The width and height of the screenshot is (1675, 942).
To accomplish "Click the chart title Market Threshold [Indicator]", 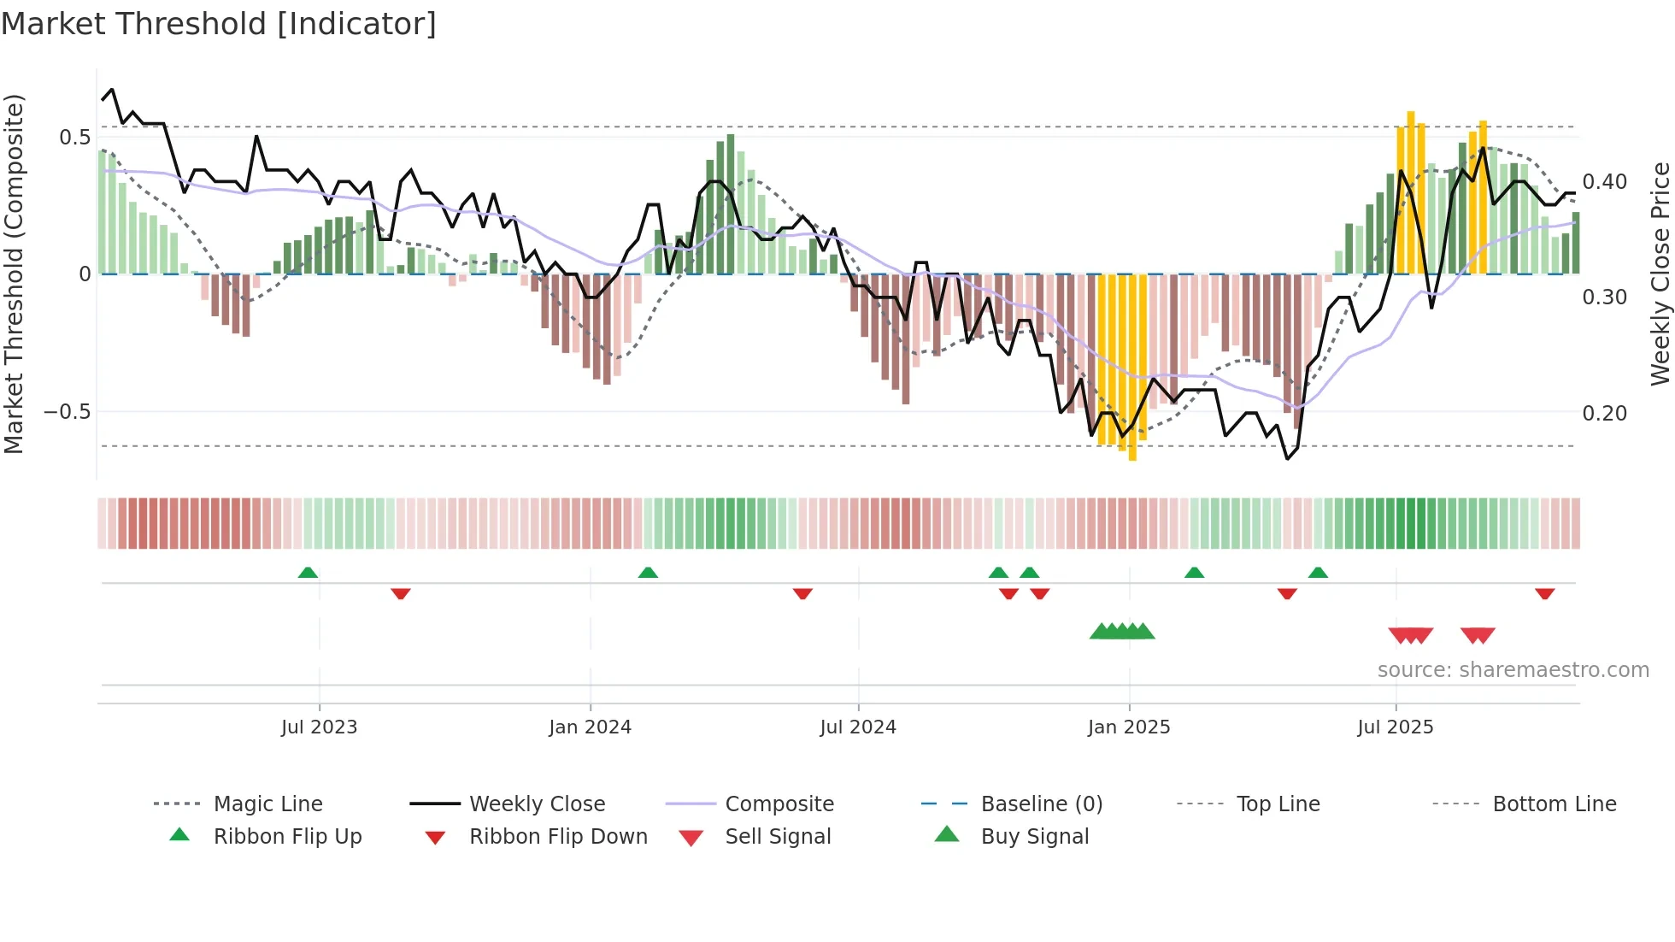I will click(x=219, y=24).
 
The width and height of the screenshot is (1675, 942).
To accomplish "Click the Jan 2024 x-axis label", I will click(x=590, y=727).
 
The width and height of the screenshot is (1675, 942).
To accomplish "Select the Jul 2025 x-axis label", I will click(x=1395, y=727).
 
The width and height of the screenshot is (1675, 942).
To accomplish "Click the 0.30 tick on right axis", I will click(x=1604, y=297).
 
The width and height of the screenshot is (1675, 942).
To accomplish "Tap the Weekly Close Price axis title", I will click(x=1660, y=274).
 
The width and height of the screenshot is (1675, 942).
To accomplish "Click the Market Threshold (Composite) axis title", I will click(x=14, y=274).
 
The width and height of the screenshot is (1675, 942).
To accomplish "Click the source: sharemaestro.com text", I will click(x=1513, y=670).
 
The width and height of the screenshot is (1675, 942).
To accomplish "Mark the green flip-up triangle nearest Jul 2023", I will click(x=308, y=573).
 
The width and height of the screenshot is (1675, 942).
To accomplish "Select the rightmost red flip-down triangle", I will click(x=1544, y=593).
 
